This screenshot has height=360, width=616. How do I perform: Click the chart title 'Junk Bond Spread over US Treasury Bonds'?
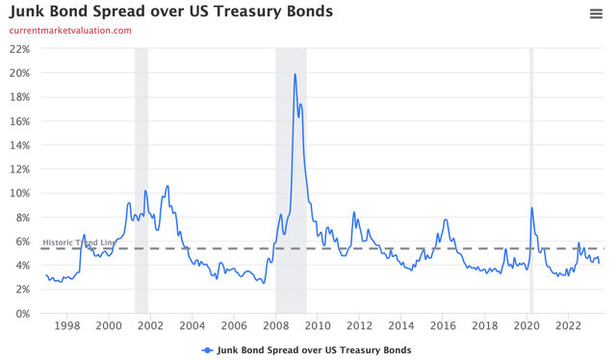(x=171, y=12)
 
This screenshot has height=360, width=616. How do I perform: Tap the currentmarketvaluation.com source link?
(x=70, y=31)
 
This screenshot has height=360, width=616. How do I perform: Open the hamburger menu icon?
(x=596, y=13)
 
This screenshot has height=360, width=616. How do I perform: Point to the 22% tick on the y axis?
(x=19, y=49)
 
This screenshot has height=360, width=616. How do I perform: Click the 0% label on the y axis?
(x=22, y=314)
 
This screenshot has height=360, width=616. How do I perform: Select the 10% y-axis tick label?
(x=19, y=193)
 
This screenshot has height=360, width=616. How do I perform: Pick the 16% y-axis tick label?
(x=19, y=121)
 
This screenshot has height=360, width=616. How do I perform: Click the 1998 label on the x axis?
(x=66, y=326)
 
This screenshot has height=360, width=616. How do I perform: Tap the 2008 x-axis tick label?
(x=276, y=326)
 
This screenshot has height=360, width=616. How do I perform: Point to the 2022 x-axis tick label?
(x=569, y=326)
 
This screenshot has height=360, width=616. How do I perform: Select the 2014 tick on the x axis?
(x=401, y=326)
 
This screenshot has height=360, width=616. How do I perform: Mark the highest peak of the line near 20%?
(x=295, y=74)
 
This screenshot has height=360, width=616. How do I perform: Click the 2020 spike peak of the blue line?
(x=531, y=208)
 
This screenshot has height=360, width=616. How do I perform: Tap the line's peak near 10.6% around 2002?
(x=167, y=186)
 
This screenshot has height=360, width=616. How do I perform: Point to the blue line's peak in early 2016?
(x=445, y=220)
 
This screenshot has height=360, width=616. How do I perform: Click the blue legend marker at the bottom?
(x=207, y=349)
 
